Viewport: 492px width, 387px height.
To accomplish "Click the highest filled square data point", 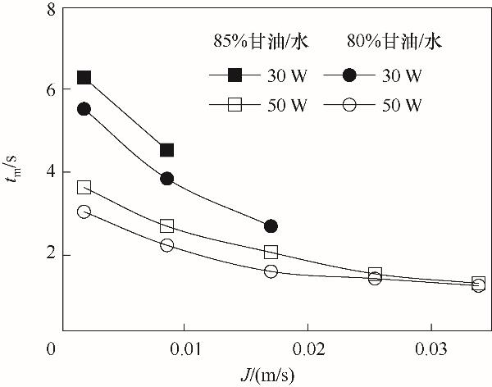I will pyautogui.click(x=84, y=78).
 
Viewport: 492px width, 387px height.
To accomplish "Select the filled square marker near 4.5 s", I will pyautogui.click(x=167, y=150).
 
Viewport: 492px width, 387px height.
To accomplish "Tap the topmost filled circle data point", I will pyautogui.click(x=84, y=109).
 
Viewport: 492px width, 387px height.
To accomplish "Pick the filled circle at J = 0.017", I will pyautogui.click(x=271, y=226).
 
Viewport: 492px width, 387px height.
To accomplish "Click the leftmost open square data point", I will pyautogui.click(x=84, y=187).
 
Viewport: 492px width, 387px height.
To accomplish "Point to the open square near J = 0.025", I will pyautogui.click(x=375, y=274).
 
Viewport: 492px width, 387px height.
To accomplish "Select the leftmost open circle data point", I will pyautogui.click(x=84, y=212).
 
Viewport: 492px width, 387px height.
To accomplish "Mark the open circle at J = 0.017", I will pyautogui.click(x=271, y=271).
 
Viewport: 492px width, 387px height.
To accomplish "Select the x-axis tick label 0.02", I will pyautogui.click(x=308, y=349).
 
